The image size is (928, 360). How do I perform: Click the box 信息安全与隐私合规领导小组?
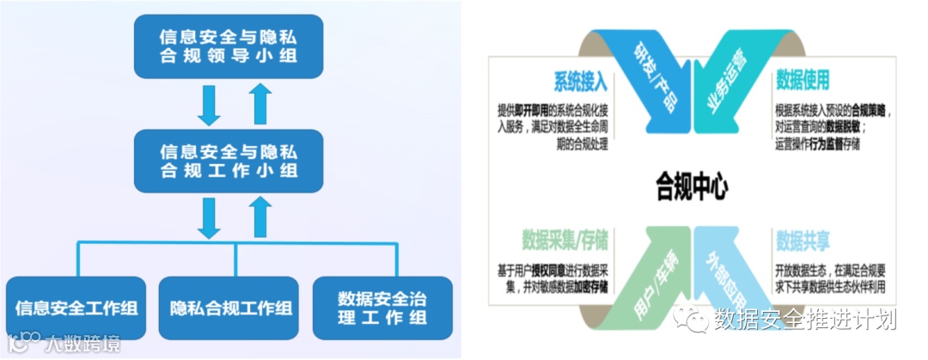(229, 46)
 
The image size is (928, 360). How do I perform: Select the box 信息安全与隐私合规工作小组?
(229, 160)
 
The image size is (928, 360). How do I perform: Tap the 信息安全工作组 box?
(76, 307)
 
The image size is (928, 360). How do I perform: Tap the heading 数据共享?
(803, 239)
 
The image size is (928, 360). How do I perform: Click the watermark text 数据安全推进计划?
(804, 320)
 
